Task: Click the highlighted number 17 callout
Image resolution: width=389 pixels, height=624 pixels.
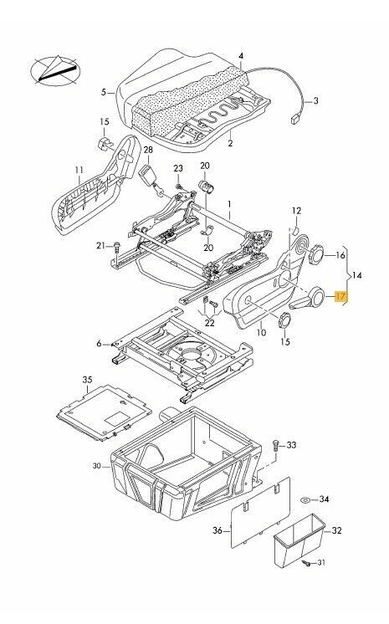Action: point(340,296)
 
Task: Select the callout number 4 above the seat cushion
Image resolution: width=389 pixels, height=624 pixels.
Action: point(240,56)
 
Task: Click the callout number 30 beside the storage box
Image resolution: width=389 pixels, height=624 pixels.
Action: point(97,466)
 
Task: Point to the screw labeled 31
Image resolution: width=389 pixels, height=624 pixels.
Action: point(309,588)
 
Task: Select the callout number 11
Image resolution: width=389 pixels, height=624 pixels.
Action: point(79,175)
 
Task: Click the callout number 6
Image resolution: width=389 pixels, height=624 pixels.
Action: point(98,343)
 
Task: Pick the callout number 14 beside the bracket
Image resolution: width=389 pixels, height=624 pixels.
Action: point(359,274)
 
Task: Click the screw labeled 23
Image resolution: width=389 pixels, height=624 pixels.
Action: point(178,185)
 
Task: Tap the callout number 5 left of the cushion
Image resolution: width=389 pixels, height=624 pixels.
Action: point(104,91)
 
